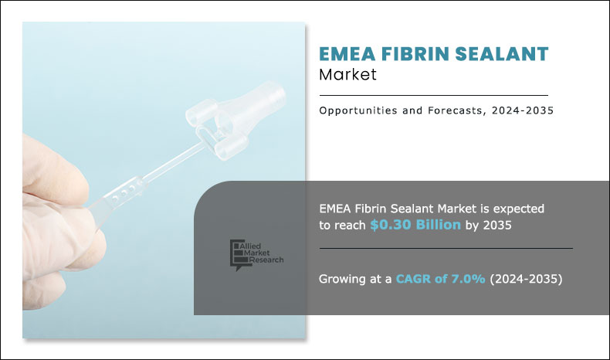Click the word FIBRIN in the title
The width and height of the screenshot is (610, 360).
click(418, 55)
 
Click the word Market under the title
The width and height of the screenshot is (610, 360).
click(347, 76)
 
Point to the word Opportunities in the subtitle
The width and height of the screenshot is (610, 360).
click(357, 111)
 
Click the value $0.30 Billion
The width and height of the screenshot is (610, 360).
click(415, 225)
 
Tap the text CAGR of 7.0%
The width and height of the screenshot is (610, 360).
click(442, 279)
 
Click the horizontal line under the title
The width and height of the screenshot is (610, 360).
click(433, 95)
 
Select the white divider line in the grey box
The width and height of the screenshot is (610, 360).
click(446, 249)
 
